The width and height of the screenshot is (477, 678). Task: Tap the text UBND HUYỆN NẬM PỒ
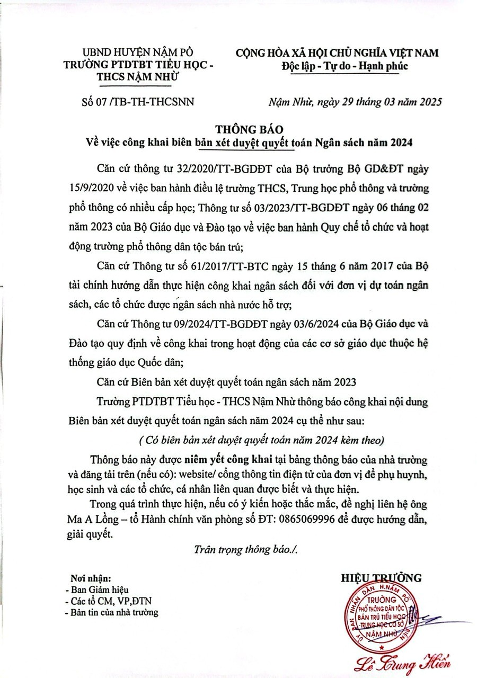point(138,53)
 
